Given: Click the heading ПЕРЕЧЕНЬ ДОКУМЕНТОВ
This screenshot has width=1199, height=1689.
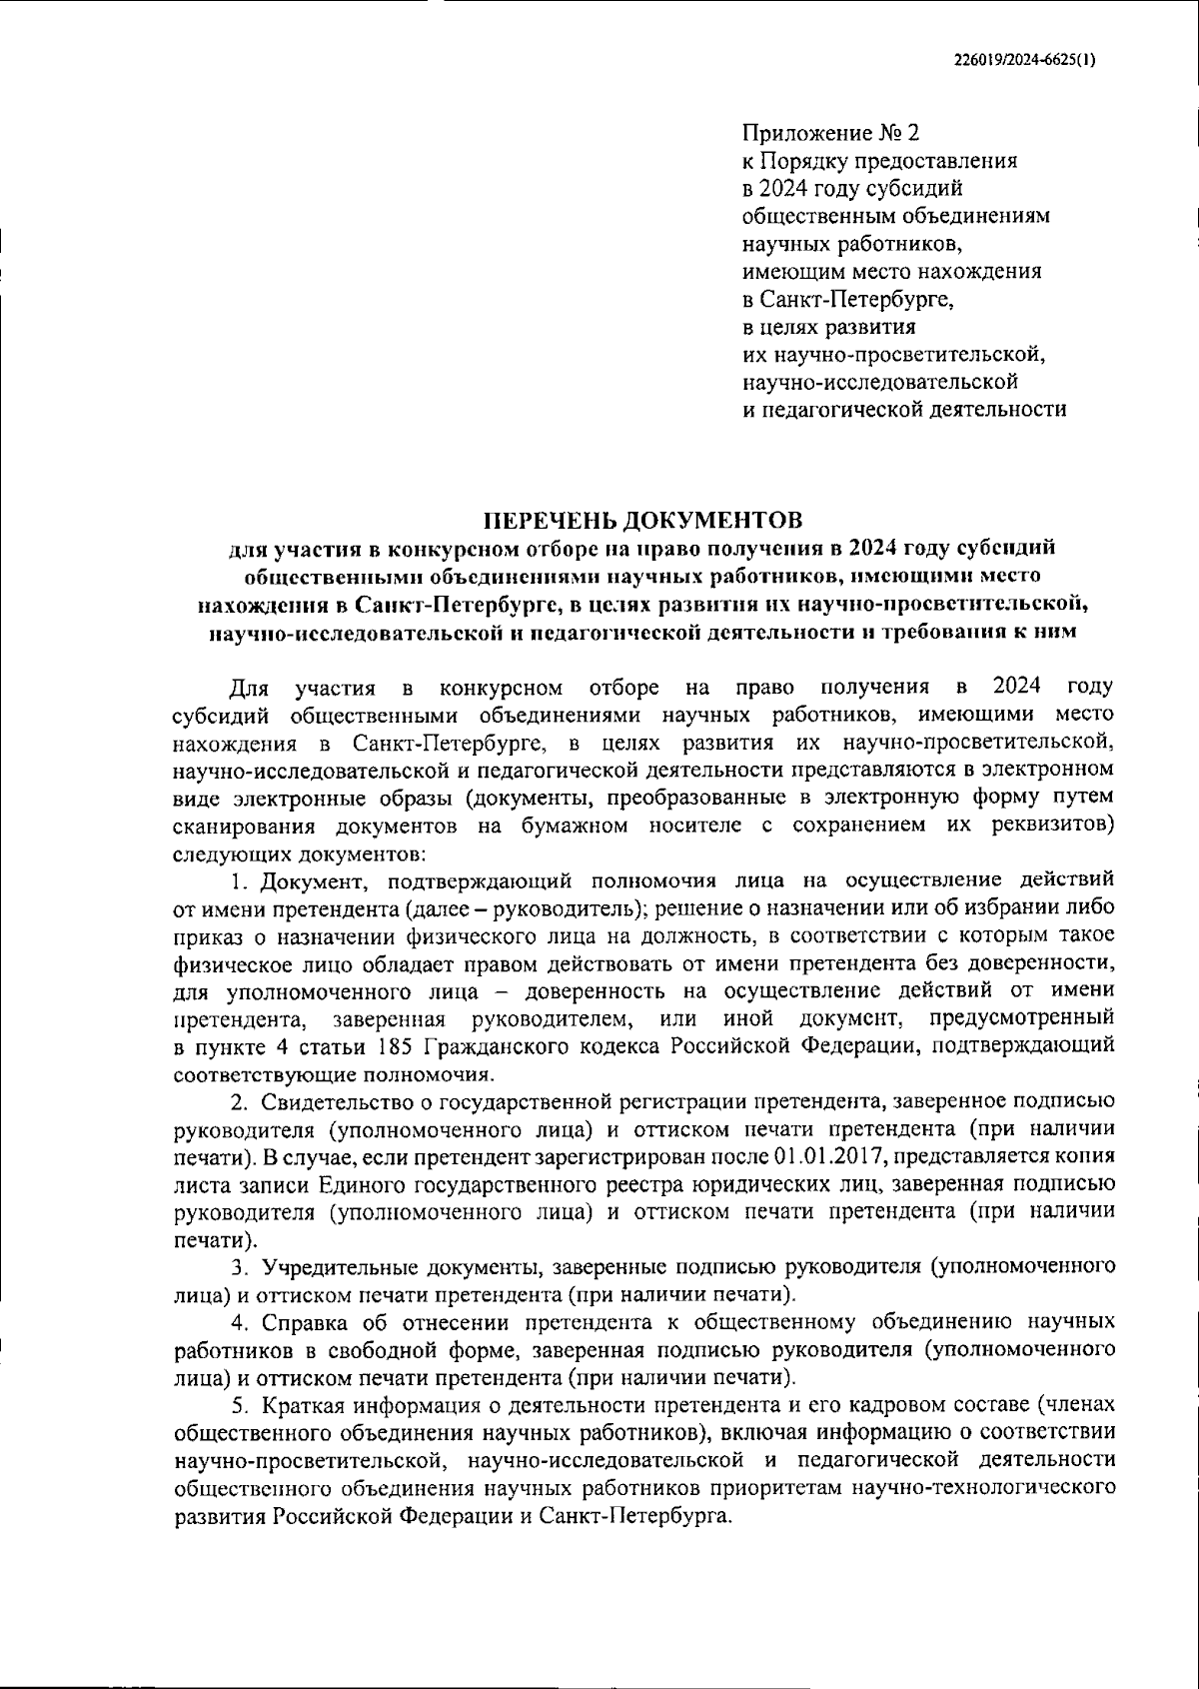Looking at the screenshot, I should coord(642,520).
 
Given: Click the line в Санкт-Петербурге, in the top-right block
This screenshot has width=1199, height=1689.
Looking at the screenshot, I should coord(848,299).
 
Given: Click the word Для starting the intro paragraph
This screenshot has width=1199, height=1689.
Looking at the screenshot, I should coord(247,689).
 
